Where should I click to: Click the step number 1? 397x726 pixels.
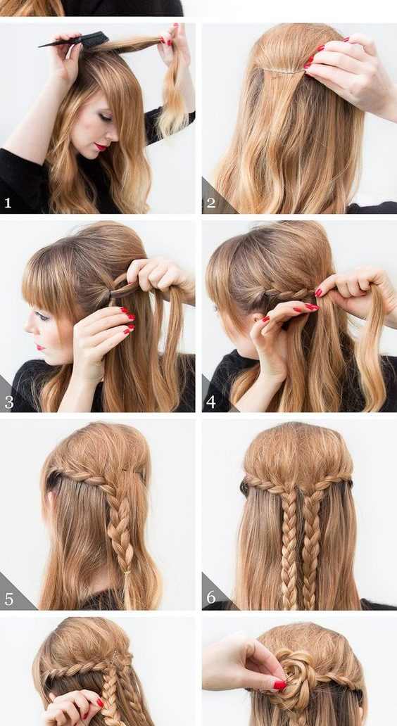tap(8, 203)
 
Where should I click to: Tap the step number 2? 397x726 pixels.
tap(210, 203)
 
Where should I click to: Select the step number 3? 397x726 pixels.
tap(9, 402)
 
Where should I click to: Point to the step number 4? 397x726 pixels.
tap(211, 402)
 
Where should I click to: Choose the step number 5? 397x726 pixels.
tap(9, 599)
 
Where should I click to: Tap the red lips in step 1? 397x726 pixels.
tap(101, 147)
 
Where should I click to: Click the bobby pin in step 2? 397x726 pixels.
tap(283, 71)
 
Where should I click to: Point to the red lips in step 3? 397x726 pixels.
tap(42, 347)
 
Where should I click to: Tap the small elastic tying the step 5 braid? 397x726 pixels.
tap(127, 573)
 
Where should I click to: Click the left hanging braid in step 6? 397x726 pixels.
tap(289, 547)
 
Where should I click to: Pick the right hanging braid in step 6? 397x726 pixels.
tap(310, 547)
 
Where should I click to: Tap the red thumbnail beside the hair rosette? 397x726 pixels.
tap(279, 684)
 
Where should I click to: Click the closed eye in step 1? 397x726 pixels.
tap(106, 117)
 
